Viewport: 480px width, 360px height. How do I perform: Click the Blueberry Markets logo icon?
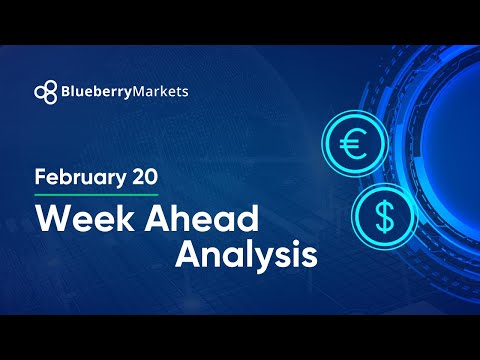(x=46, y=91)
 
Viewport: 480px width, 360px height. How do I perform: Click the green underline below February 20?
(x=96, y=195)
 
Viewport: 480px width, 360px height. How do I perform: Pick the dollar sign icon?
(x=382, y=213)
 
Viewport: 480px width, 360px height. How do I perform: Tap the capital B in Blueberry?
(x=68, y=91)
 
